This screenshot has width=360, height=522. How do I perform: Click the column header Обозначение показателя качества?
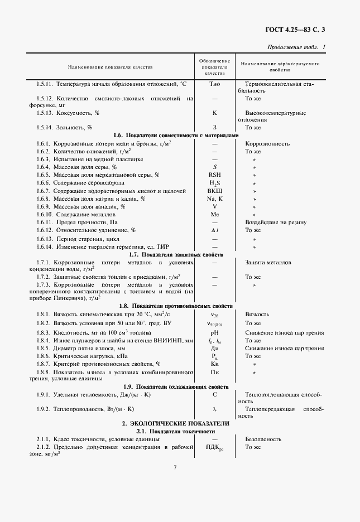[214, 66]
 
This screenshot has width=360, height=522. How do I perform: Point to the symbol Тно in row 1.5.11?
[214, 84]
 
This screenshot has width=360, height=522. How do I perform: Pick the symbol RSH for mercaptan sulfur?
[214, 175]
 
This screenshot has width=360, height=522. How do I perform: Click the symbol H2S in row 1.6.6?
[214, 183]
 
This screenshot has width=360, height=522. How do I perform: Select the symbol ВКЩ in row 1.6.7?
[214, 191]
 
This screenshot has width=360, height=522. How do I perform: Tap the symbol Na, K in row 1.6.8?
[214, 199]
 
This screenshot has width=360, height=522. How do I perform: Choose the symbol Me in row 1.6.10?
[214, 214]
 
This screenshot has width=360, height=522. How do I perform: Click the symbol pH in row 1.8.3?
[214, 332]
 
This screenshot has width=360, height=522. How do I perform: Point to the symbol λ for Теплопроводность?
[214, 409]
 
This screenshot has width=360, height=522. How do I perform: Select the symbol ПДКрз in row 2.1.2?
[214, 447]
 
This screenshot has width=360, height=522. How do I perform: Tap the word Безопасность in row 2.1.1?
[263, 439]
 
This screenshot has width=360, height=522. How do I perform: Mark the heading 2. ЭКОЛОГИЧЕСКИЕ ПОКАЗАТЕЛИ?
[175, 424]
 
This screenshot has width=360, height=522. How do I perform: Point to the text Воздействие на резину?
[275, 222]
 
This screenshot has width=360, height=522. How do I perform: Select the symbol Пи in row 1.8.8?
[214, 371]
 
